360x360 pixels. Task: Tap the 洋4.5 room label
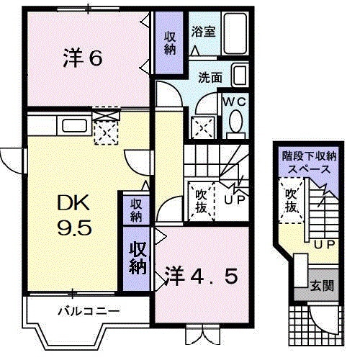[x=201, y=275]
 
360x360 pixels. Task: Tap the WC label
[x=234, y=102]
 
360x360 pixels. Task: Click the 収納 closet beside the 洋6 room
[x=170, y=43]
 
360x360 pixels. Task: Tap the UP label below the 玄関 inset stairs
[x=324, y=245]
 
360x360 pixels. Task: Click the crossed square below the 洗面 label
[x=203, y=127]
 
